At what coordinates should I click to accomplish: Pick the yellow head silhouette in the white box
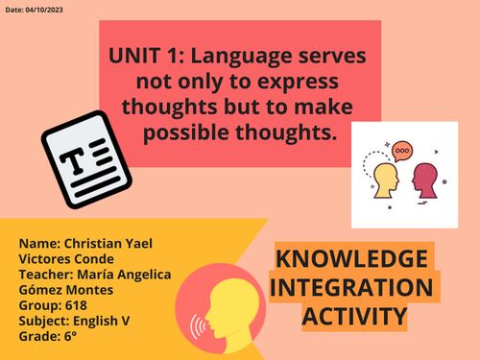[x=385, y=180]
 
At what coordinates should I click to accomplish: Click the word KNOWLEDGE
[x=352, y=259]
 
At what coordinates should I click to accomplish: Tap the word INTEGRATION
[x=351, y=287]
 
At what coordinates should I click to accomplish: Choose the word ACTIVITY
[x=353, y=316]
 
